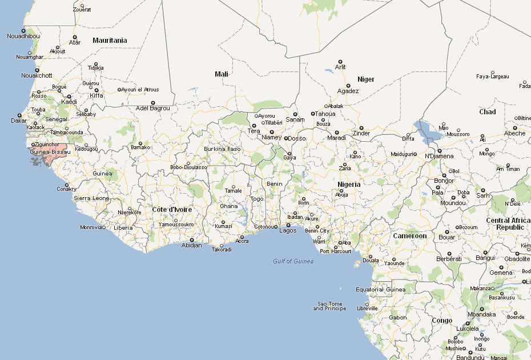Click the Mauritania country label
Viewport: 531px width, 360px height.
click(110, 41)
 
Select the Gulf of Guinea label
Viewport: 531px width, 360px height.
click(293, 261)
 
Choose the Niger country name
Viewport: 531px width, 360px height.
click(366, 79)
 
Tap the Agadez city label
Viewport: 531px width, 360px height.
click(348, 91)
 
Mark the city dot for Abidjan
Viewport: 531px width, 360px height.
click(192, 239)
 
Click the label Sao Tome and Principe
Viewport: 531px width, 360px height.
click(329, 306)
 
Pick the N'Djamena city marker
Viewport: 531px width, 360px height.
click(440, 151)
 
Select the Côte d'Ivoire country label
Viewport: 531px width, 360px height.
click(172, 210)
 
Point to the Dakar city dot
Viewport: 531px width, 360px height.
click(22, 114)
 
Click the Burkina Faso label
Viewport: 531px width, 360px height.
click(222, 149)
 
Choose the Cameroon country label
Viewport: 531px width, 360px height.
click(409, 236)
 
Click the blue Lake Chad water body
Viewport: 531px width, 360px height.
click(428, 133)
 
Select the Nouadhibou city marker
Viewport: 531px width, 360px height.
click(23, 30)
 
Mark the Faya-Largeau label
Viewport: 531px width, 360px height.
click(492, 76)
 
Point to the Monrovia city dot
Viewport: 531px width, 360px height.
click(104, 227)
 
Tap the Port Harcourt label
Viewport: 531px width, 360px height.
click(336, 251)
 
